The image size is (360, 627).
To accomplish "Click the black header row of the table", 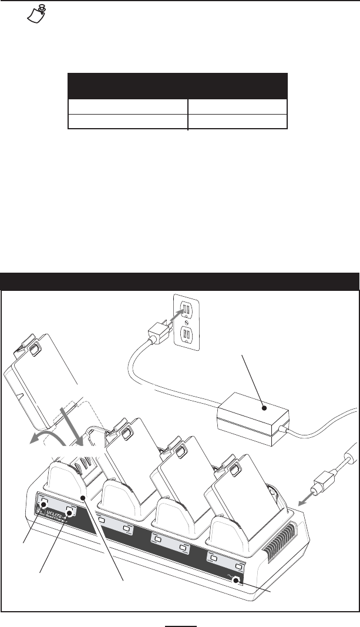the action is (177, 86).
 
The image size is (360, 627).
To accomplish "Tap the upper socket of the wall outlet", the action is (187, 308).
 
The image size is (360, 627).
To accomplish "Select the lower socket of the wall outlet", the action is (187, 336).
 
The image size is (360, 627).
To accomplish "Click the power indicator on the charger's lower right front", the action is (238, 581).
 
